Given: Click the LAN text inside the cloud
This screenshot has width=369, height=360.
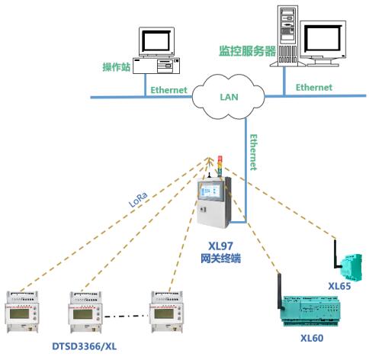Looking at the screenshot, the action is (229, 97).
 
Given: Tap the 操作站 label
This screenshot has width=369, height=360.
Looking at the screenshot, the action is (117, 67).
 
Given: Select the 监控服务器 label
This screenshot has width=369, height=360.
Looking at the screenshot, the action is (247, 51).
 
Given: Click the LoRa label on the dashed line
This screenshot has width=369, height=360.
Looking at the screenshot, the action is (138, 200).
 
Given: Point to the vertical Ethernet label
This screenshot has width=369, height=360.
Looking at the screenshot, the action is (254, 152).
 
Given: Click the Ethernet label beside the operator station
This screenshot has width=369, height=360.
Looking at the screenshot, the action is (168, 90).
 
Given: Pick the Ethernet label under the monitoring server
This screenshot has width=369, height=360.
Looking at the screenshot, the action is (314, 88).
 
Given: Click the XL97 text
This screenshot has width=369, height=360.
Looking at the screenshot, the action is (220, 246).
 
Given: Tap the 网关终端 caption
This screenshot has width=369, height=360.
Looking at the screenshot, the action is (220, 259).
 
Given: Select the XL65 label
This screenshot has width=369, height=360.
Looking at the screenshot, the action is (339, 286).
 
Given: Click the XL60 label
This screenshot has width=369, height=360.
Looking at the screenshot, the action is (312, 338).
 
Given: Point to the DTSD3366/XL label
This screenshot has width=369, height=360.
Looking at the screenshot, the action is (85, 346).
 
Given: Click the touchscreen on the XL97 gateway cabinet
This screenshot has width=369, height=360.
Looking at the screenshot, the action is (210, 190).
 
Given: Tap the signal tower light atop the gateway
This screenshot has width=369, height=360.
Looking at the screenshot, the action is (220, 166).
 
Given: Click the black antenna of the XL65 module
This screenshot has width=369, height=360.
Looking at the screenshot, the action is (336, 254).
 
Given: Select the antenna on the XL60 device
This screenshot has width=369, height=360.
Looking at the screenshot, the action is (280, 291).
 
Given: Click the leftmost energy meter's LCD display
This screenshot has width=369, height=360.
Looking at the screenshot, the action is (19, 313).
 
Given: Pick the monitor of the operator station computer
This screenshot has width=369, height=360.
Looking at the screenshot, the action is (156, 42).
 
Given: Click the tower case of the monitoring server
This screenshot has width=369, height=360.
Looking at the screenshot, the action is (287, 36).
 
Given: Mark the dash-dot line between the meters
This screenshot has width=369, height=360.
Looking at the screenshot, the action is (126, 316).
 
